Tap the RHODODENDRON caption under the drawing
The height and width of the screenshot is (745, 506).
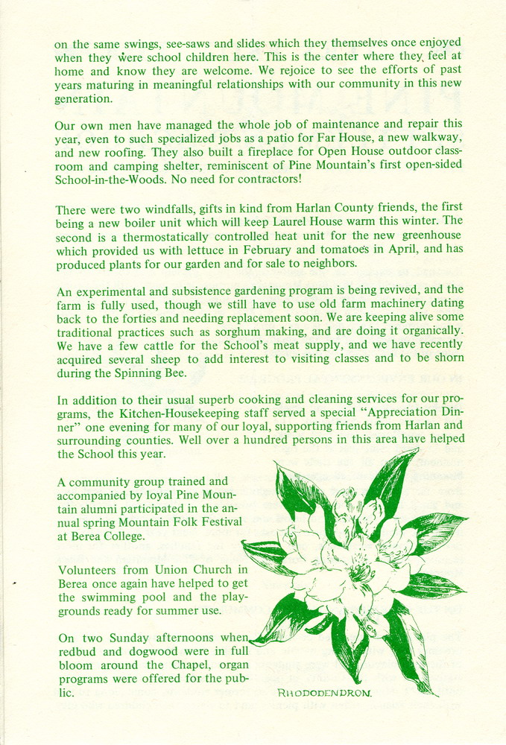[325, 693]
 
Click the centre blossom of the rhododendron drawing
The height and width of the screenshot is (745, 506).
[350, 566]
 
